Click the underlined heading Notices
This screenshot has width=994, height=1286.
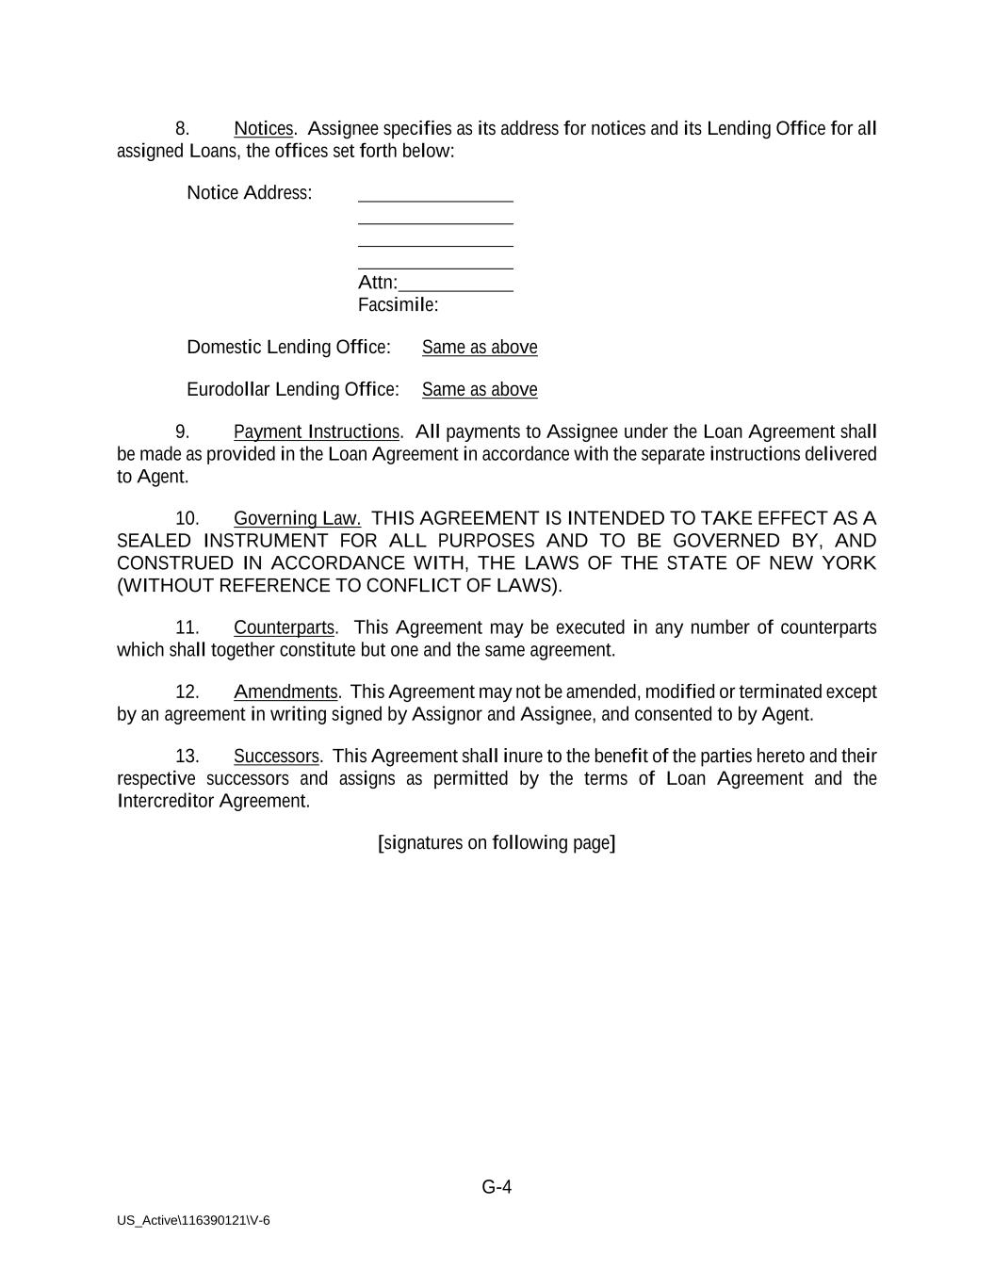pos(263,128)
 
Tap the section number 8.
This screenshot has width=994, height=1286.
pos(183,128)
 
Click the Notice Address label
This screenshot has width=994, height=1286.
pos(249,193)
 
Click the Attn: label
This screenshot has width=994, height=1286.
pos(378,284)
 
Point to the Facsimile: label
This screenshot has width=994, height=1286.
pos(398,305)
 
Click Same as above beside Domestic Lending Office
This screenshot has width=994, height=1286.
pos(480,348)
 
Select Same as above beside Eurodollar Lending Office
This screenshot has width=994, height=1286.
pos(480,390)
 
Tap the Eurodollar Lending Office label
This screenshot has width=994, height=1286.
pos(292,390)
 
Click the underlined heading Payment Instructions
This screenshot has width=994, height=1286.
pos(317,432)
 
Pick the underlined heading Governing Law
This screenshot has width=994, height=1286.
pos(297,519)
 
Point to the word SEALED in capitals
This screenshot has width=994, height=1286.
pos(154,541)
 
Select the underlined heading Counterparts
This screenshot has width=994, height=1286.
pos(284,628)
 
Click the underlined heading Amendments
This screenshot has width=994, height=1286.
pos(285,692)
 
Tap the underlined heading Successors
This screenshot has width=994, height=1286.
pos(276,757)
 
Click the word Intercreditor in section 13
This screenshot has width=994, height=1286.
pos(166,802)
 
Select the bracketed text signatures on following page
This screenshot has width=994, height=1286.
pos(497,843)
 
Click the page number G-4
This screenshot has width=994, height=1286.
pos(497,1187)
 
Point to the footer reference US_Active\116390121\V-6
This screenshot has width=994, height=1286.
pos(193,1221)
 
